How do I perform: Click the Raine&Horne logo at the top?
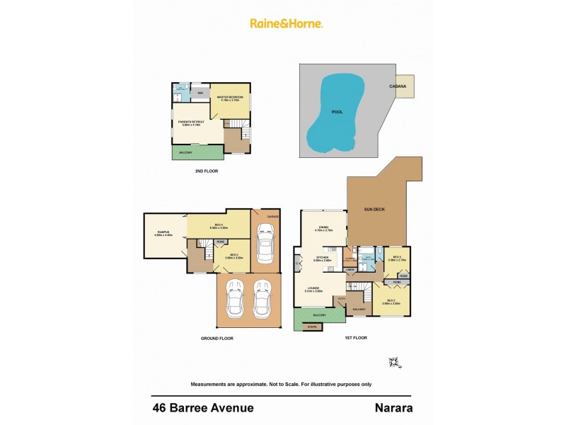pos(287,23)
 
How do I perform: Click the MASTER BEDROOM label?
pos(231,97)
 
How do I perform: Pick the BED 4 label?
pos(219,226)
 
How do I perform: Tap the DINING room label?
pos(323,228)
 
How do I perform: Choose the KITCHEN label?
pos(323,258)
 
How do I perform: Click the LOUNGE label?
pos(313,288)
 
